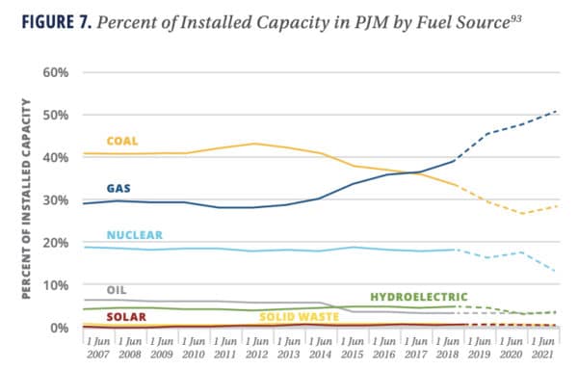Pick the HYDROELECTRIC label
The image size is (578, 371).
419,297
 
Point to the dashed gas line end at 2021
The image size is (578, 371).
558,112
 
